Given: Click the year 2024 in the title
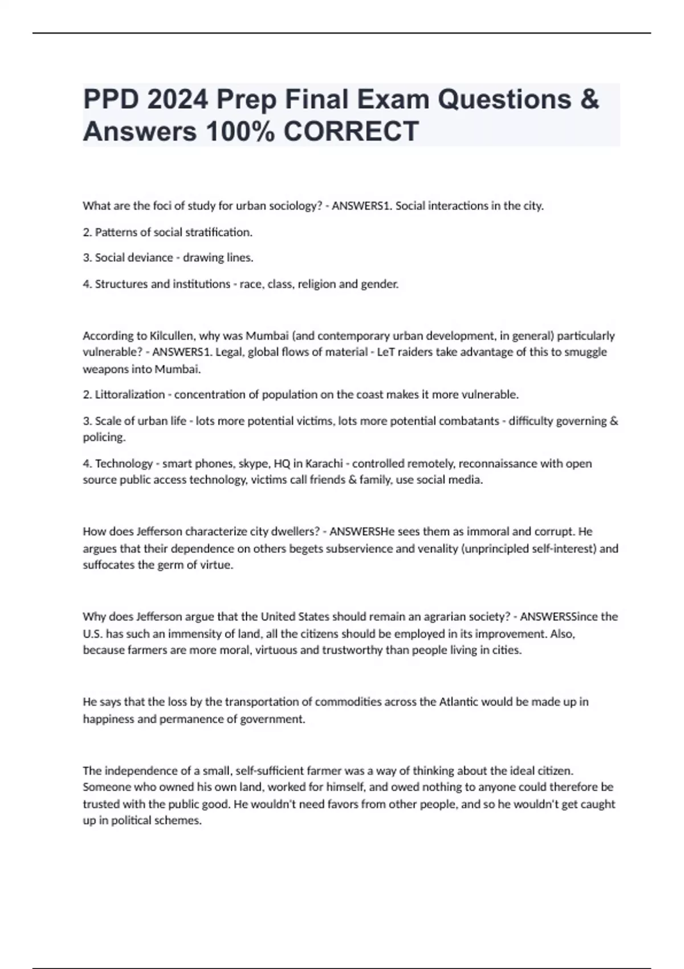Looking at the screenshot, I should coord(177,100).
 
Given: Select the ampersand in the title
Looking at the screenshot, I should coord(590,100).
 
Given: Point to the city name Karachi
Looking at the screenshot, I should coord(324,463).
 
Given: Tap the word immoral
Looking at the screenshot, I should coord(488,531).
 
